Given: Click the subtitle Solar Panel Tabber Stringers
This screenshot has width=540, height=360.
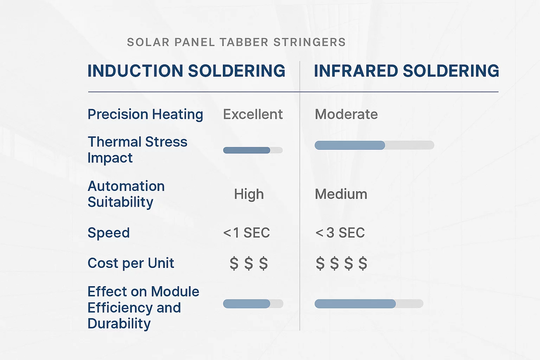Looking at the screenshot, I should [236, 42].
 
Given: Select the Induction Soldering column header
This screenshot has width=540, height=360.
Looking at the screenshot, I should [186, 71].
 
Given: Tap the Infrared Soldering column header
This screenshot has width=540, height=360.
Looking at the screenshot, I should [406, 71].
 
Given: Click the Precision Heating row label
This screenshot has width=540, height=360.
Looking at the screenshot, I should [145, 115].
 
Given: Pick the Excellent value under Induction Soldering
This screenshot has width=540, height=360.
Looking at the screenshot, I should [253, 115].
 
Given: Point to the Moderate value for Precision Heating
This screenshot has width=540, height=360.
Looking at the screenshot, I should [346, 115].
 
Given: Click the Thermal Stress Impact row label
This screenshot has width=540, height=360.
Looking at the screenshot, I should [137, 150].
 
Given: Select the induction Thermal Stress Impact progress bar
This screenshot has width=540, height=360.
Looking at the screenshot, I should [253, 150].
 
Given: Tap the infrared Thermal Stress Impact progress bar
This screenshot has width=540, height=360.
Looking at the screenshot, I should [374, 145].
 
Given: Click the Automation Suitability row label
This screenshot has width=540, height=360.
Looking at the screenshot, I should [126, 194].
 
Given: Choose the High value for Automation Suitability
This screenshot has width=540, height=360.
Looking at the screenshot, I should [249, 194].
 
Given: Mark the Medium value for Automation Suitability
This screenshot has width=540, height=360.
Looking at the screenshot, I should [341, 194].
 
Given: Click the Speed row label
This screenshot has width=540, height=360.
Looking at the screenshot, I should [109, 233].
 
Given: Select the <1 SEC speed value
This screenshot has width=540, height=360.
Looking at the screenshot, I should [246, 233].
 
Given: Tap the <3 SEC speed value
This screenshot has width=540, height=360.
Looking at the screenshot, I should [340, 233].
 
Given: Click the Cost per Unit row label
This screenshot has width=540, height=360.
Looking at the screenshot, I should [131, 263].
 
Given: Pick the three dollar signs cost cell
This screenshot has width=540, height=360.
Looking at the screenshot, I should [249, 263].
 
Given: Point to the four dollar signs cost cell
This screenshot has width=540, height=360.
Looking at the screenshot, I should [341, 263].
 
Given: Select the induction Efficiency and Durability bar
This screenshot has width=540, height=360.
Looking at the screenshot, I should [253, 304].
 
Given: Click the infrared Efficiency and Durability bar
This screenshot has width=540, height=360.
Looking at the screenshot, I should [369, 304].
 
